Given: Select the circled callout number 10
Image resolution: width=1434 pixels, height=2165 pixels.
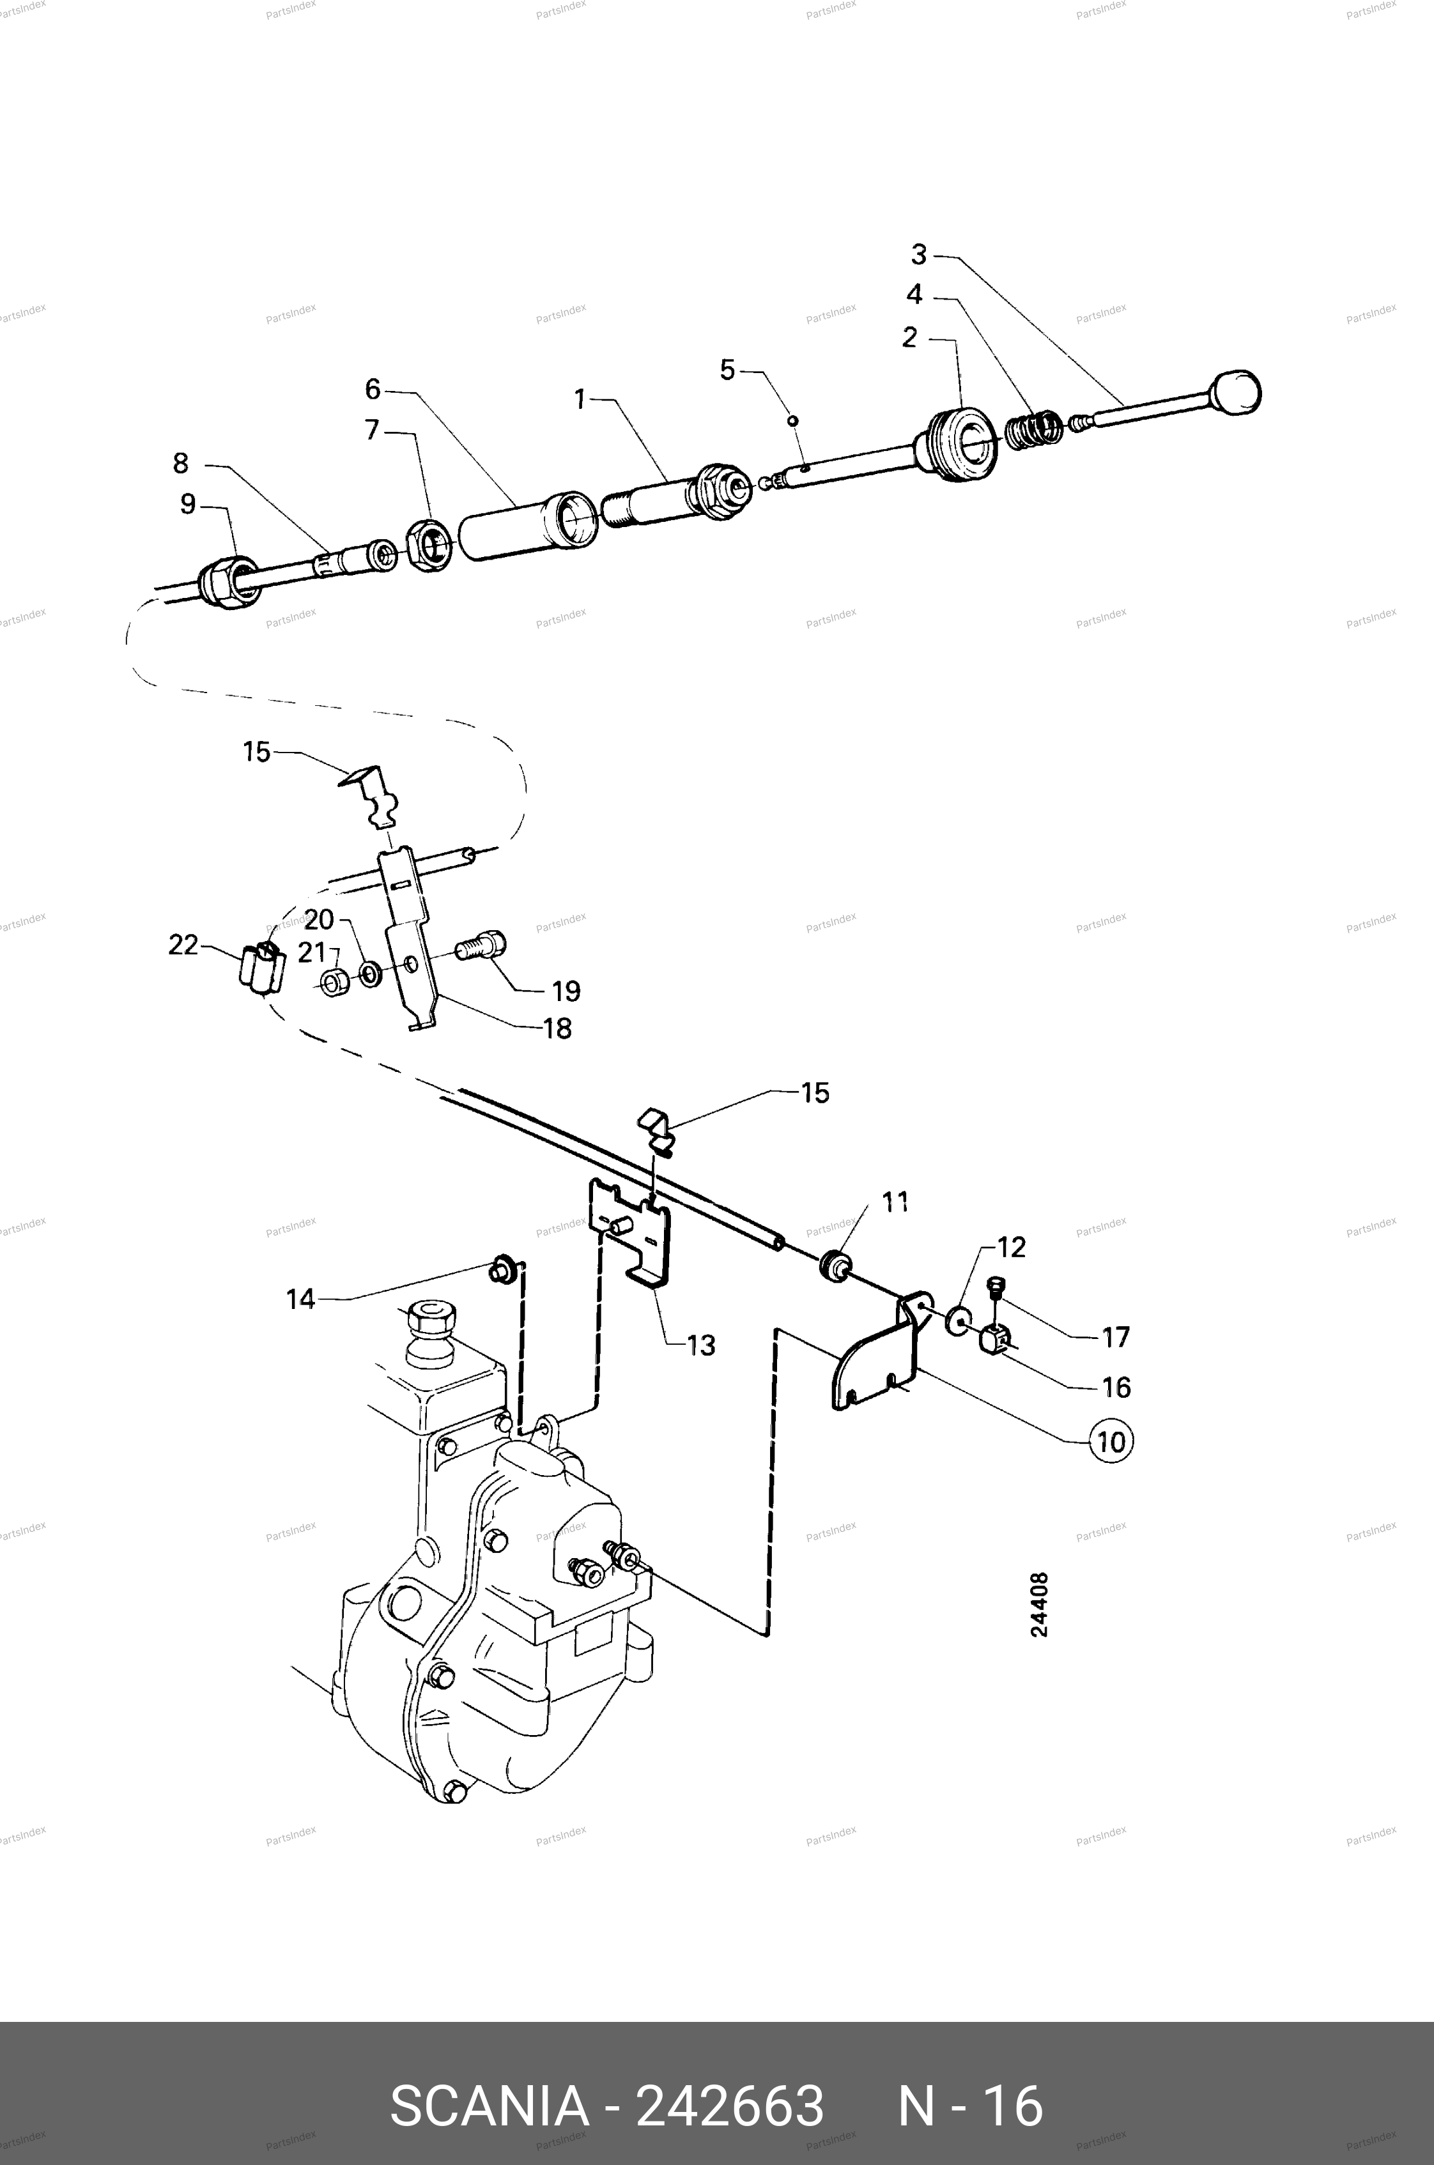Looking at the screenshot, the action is (x=1110, y=1442).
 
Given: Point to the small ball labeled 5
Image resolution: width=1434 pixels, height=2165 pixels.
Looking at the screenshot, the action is (x=793, y=420).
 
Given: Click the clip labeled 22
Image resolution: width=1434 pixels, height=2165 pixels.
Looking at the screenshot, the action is (x=261, y=965).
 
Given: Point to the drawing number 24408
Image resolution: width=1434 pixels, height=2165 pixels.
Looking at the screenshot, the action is (x=1040, y=1605).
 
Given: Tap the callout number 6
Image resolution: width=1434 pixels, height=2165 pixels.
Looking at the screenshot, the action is (x=372, y=390).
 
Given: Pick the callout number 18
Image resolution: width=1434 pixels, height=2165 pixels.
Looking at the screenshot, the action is (x=557, y=1029).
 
